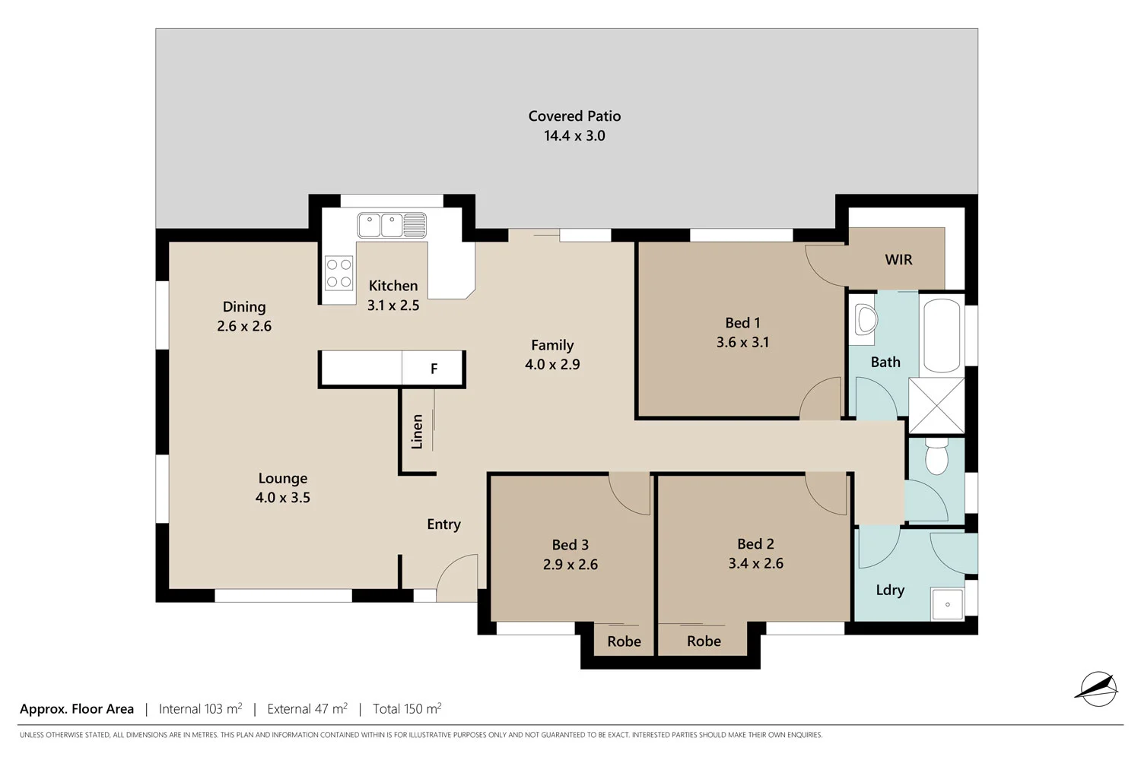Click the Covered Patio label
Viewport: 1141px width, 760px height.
(574, 116)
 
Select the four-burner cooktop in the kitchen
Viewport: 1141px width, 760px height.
(338, 274)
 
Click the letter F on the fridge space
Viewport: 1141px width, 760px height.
(434, 369)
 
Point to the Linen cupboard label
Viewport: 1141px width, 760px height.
(417, 432)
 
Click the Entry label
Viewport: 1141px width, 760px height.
(443, 524)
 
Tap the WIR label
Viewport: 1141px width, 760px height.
(898, 260)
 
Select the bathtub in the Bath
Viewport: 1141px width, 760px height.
(942, 335)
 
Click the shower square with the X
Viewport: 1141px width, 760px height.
(936, 405)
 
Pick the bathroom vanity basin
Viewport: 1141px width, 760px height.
(866, 319)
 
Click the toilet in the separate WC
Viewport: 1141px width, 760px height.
(936, 458)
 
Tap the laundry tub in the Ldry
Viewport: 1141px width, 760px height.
(948, 603)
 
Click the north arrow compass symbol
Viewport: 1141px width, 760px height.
(1097, 689)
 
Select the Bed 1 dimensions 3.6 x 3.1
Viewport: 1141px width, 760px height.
(742, 343)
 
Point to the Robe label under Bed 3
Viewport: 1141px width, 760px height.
(624, 641)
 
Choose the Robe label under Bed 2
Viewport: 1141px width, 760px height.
(704, 641)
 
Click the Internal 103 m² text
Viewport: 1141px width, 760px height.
(200, 709)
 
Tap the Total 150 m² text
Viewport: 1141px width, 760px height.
(407, 709)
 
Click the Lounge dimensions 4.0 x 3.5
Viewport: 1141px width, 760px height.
(282, 498)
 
